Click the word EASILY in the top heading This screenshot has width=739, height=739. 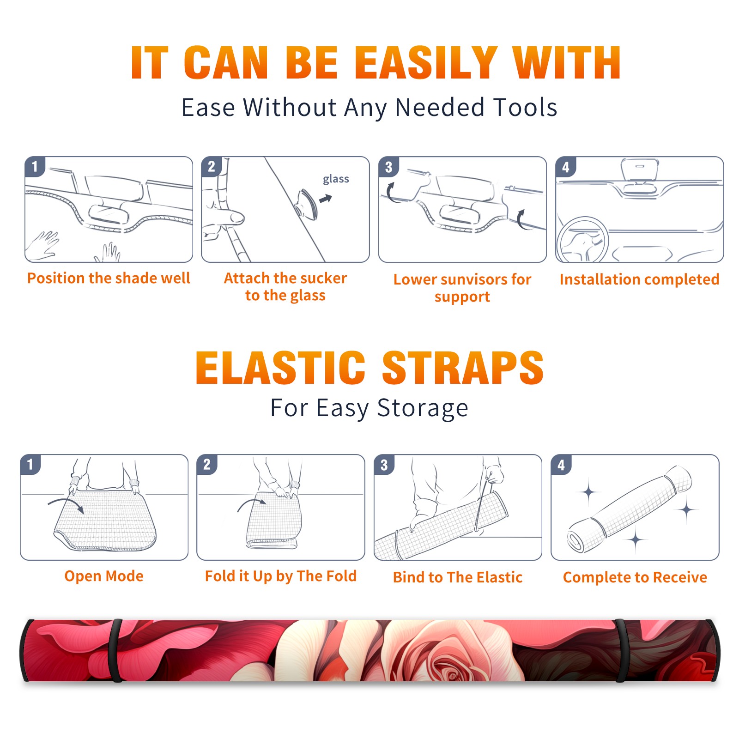coord(425,63)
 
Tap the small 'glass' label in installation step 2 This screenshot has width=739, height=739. coord(336,179)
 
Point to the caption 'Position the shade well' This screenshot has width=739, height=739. coord(109,278)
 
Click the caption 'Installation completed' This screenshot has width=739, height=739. coord(639,279)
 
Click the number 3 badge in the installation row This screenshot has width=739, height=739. coord(388,167)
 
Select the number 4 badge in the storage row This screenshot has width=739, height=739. coord(561,465)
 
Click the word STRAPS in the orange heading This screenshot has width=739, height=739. coord(462,368)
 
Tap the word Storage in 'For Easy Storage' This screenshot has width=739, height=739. coord(423,408)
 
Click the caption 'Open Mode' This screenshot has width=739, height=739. coord(104,576)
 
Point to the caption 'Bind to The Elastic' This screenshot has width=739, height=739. coord(458,577)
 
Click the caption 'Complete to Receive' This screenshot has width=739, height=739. coord(635,577)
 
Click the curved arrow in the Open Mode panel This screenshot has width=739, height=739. coord(66,501)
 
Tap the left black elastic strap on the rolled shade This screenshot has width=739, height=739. coord(116,650)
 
